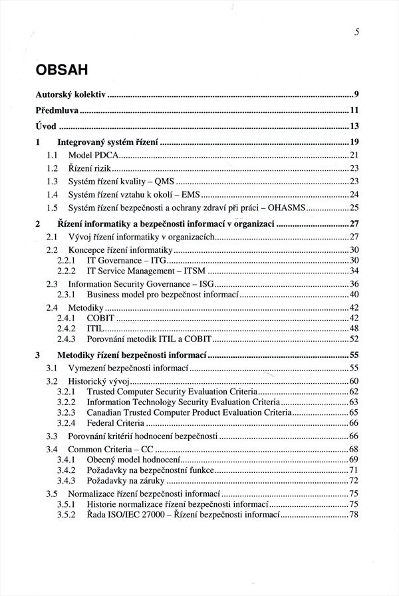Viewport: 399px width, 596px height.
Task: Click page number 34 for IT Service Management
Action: [x=354, y=271]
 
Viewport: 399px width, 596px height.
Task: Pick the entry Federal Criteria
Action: [x=114, y=423]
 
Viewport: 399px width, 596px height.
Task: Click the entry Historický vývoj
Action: [x=98, y=381]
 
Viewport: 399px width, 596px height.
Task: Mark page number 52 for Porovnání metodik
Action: [x=354, y=339]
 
